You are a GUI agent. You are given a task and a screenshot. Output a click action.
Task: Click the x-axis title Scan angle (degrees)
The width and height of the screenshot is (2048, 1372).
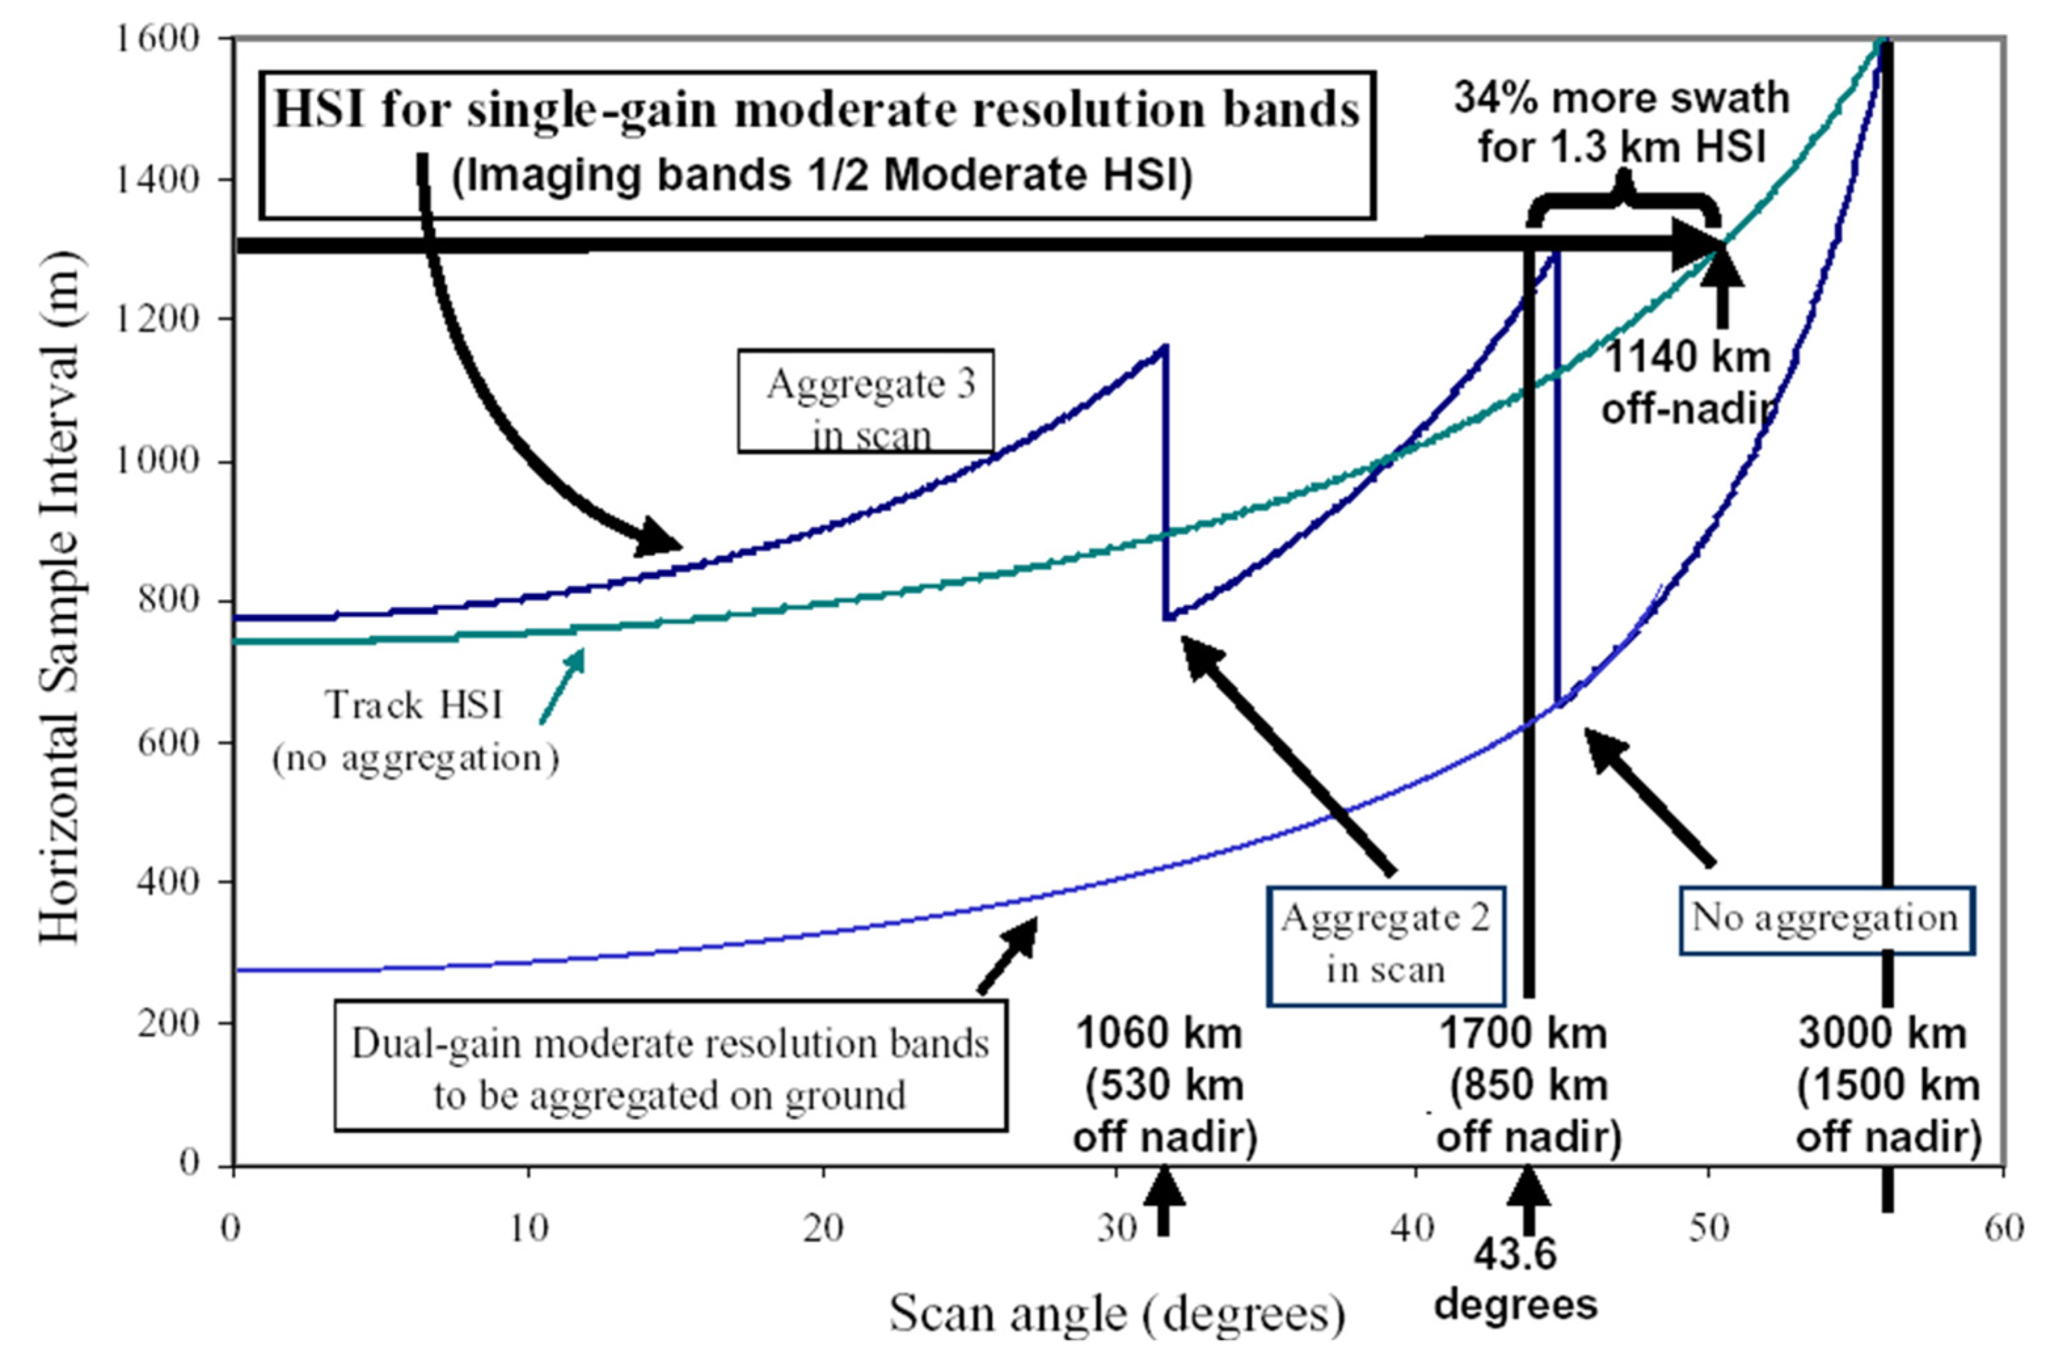pyautogui.click(x=1118, y=1314)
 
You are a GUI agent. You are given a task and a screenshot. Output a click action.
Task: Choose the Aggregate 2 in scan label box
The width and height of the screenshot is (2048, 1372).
pyautogui.click(x=1386, y=946)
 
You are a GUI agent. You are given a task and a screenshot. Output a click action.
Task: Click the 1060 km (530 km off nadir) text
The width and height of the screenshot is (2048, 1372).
pyautogui.click(x=1163, y=1085)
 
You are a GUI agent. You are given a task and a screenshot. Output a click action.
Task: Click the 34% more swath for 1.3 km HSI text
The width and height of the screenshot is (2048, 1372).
pyautogui.click(x=1621, y=122)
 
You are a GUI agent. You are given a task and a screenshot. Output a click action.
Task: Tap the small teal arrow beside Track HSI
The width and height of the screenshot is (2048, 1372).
pyautogui.click(x=563, y=685)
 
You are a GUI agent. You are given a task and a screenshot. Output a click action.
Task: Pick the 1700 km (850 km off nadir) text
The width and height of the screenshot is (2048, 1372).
pyautogui.click(x=1528, y=1085)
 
